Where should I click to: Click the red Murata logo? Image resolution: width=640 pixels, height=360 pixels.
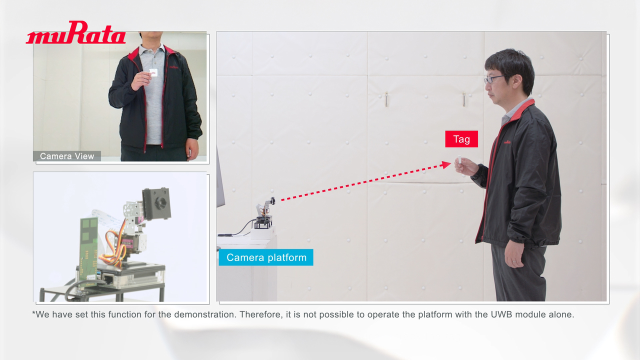pos(75,32)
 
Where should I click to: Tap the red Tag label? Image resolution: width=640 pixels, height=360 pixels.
pos(461,139)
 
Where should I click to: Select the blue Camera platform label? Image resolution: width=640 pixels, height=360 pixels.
pos(266,257)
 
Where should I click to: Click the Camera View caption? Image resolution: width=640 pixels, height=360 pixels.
pos(67,156)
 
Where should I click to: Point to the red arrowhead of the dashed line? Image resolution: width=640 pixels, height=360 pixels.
pos(446,164)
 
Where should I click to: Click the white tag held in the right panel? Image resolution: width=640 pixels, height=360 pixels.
pos(459,159)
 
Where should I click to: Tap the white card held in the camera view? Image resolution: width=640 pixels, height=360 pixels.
pos(153,72)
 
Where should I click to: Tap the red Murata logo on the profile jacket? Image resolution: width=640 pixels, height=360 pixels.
pos(507,141)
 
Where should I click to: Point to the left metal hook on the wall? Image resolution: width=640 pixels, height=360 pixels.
pos(386,99)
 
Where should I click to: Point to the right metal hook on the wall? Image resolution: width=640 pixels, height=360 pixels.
pos(464,99)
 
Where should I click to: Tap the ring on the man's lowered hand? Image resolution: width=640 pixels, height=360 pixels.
pos(514,261)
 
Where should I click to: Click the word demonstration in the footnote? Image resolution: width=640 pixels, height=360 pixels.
pos(205,314)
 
